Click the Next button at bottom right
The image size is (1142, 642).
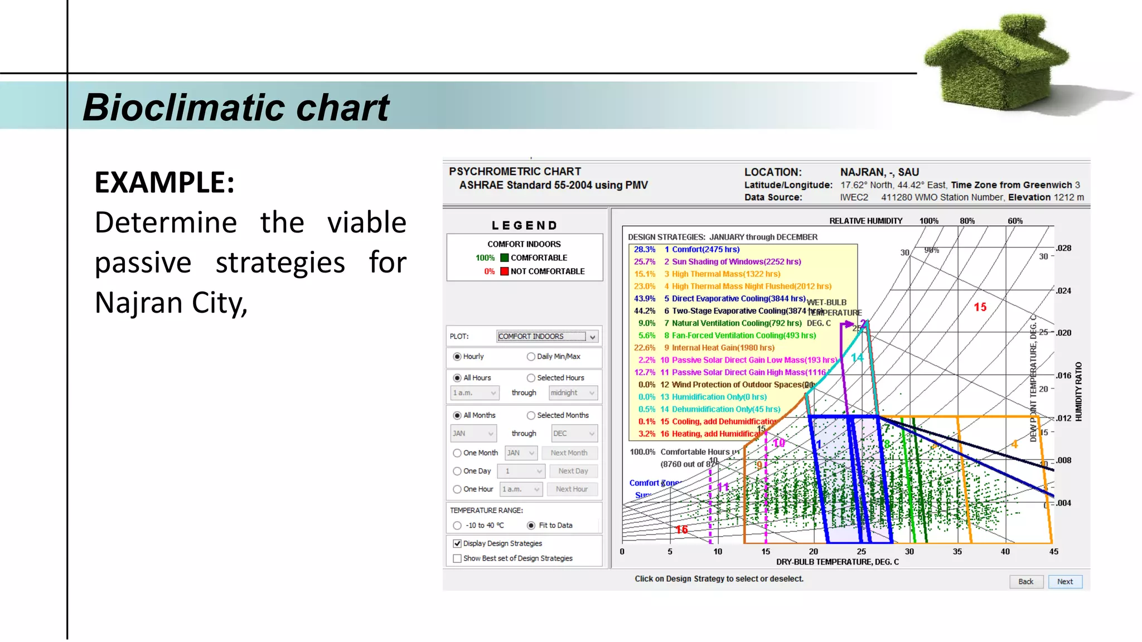1064,581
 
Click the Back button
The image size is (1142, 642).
1025,581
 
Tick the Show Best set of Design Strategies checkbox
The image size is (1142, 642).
457,558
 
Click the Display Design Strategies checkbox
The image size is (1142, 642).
457,543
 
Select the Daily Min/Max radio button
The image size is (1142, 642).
531,357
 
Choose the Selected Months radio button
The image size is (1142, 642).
531,415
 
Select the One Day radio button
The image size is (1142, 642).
457,471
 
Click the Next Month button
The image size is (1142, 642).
569,453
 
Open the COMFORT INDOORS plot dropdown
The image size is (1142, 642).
592,337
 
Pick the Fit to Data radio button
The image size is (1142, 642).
531,526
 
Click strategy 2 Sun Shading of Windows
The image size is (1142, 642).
735,261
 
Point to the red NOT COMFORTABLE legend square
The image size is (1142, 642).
505,271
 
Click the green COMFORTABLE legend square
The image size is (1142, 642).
505,257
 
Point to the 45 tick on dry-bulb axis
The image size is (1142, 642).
1053,551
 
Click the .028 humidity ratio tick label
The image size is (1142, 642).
1063,248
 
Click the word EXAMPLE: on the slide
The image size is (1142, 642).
164,182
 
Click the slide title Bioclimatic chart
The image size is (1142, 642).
235,107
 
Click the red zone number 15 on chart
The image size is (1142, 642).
980,307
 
